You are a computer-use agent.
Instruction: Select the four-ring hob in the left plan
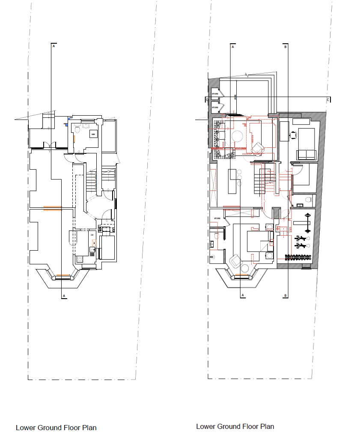pyautogui.click(x=79, y=259)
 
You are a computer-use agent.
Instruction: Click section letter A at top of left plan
pyautogui.click(x=54, y=47)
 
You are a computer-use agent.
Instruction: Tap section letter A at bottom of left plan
pyautogui.click(x=63, y=296)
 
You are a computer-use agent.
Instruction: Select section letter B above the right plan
pyautogui.click(x=286, y=47)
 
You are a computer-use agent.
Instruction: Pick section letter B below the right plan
pyautogui.click(x=286, y=296)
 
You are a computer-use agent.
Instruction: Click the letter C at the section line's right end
pyautogui.click(x=328, y=100)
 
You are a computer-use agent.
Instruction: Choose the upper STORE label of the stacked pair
pyautogui.click(x=215, y=93)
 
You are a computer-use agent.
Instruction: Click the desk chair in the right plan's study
pyautogui.click(x=294, y=135)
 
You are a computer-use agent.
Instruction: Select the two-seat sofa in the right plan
pyautogui.click(x=306, y=154)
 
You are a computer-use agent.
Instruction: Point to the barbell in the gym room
pyautogui.click(x=306, y=223)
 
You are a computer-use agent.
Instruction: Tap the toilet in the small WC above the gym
pyautogui.click(x=309, y=199)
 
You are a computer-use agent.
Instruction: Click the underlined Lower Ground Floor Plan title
pyautogui.click(x=235, y=426)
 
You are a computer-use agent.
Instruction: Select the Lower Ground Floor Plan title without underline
pyautogui.click(x=56, y=428)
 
